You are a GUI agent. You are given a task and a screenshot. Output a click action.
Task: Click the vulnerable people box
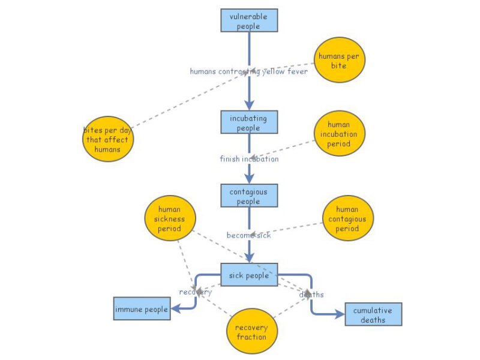(249, 20)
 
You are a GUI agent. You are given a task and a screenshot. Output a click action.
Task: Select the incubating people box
(249, 122)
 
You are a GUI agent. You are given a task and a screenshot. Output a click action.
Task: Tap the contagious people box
(249, 196)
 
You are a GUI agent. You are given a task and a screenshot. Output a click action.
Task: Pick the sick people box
(249, 275)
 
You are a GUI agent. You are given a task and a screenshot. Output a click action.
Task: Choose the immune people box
(142, 308)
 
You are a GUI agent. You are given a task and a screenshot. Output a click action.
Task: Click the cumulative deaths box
(373, 314)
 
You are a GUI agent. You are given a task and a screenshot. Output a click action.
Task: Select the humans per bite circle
(340, 60)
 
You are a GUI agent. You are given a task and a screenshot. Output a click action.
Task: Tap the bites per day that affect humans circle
(108, 139)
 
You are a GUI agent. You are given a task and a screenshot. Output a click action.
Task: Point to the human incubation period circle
(340, 133)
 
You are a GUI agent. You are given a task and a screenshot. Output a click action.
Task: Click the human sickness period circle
(170, 218)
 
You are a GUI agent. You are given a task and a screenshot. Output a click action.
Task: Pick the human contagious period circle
(348, 218)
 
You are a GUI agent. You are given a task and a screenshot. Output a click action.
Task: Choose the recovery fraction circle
(252, 331)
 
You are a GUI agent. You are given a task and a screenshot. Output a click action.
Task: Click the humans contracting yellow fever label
(248, 71)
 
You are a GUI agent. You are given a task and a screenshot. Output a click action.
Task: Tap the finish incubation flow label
(249, 159)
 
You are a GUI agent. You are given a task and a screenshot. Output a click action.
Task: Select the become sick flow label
(248, 235)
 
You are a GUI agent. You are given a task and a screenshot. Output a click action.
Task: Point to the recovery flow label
(196, 292)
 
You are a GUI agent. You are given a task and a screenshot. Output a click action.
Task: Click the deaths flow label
(311, 295)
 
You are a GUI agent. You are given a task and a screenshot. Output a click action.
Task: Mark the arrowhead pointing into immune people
(176, 308)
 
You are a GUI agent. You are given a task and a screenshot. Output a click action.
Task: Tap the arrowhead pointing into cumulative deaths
(340, 314)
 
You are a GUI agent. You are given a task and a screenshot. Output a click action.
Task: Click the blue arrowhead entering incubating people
(249, 105)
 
